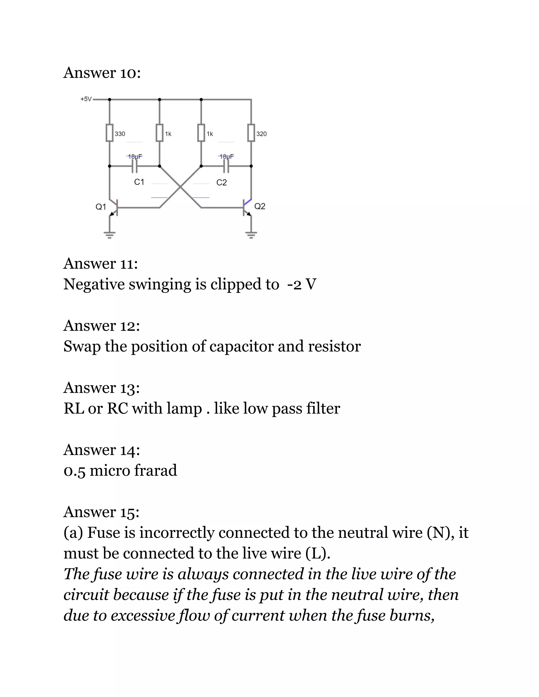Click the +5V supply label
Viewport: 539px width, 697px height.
point(86,99)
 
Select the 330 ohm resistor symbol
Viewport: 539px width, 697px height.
point(109,133)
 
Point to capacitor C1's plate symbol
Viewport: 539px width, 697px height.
point(135,166)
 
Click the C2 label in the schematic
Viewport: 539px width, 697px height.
point(221,183)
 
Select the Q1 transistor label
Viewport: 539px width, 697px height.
point(101,207)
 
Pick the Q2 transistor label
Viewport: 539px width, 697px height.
point(259,206)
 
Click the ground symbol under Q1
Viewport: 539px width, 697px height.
point(109,235)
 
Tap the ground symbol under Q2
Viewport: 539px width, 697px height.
point(251,235)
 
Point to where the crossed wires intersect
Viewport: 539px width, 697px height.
point(180,187)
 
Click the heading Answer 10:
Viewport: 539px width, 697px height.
point(102,73)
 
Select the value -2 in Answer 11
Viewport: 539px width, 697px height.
point(294,284)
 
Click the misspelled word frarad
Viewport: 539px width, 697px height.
point(156,471)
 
